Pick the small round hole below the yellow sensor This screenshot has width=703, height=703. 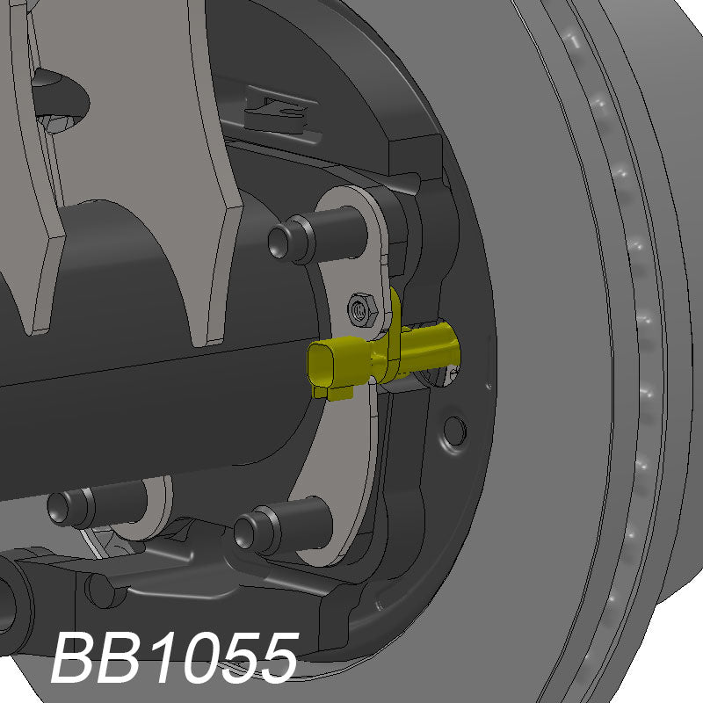coord(454,429)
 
